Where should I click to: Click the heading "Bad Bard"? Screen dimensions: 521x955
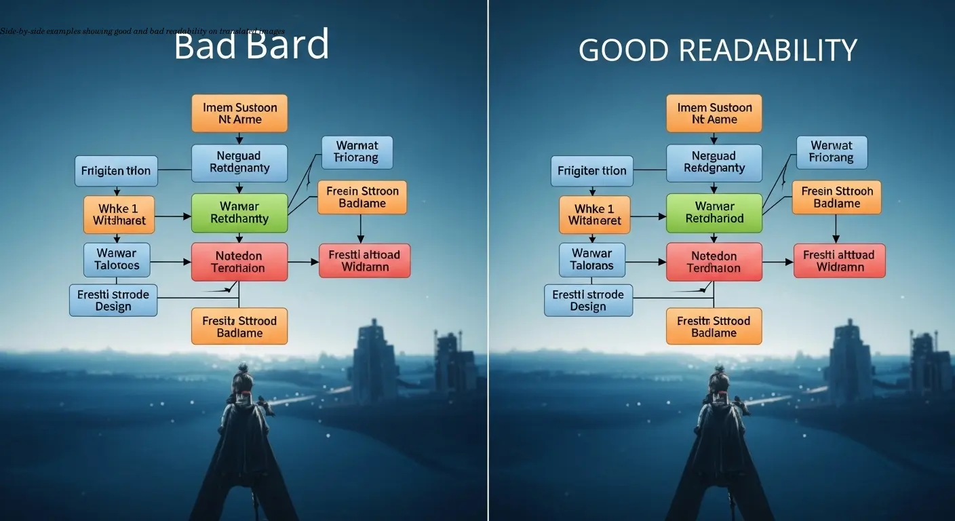(251, 46)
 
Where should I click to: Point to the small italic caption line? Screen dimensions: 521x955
(142, 31)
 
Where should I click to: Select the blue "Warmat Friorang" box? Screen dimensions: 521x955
(357, 152)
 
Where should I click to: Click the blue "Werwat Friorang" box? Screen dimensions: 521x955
(832, 152)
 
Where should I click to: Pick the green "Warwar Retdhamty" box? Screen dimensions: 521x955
(239, 212)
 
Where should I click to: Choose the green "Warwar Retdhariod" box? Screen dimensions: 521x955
(714, 212)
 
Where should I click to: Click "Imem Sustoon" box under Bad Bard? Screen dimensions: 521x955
(239, 113)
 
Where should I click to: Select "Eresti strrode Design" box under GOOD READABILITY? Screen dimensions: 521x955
(588, 300)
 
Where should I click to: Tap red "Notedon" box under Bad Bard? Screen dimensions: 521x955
(239, 261)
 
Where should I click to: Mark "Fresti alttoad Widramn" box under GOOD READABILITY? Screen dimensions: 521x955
(839, 261)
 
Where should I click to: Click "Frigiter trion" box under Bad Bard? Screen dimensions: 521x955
(116, 171)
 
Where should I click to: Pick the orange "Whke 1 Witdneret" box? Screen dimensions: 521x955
(594, 214)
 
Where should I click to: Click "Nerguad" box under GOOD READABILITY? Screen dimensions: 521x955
(714, 163)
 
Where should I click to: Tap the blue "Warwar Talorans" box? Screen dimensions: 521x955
(592, 260)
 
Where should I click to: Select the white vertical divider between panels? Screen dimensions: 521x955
(488, 260)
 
